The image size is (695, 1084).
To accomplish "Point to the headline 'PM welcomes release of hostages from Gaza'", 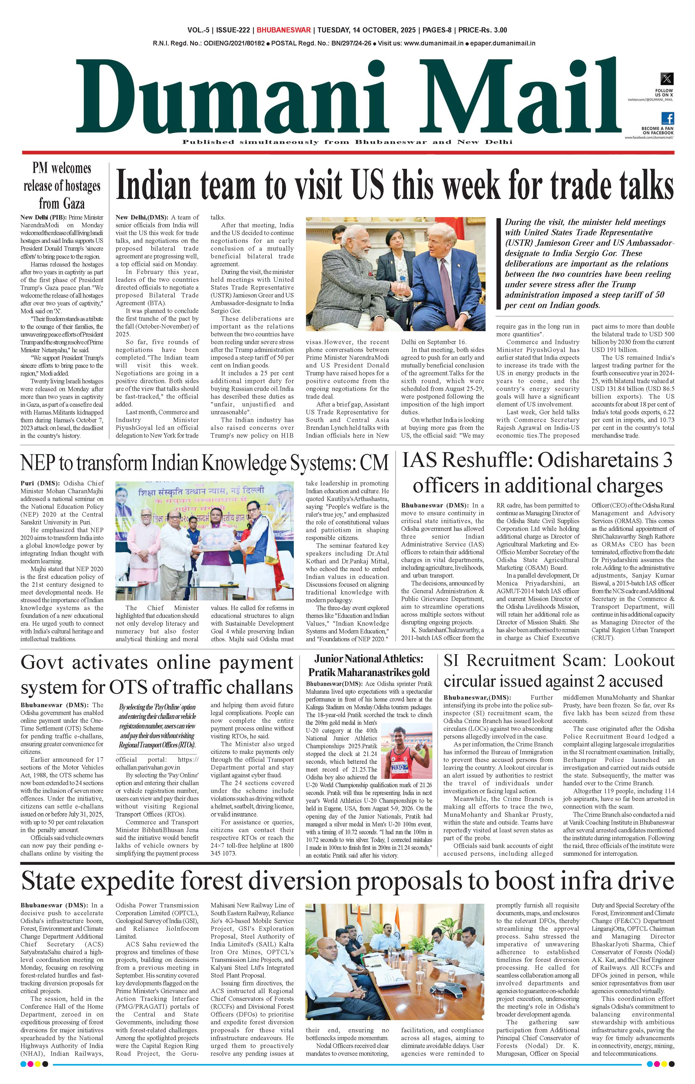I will [x=62, y=185].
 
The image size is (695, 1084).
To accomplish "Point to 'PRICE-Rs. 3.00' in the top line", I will [x=482, y=30].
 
